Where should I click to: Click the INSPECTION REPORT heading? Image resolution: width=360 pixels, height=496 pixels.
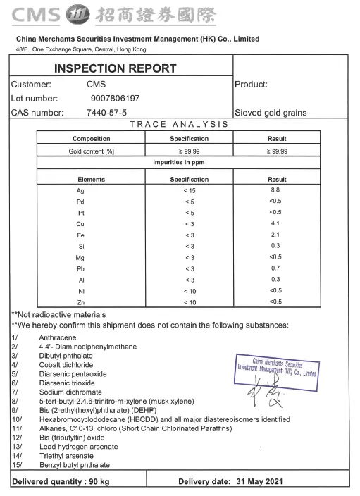click(115, 68)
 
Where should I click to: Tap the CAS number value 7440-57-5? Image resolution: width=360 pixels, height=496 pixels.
click(106, 112)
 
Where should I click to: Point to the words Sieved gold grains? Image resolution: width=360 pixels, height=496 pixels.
click(271, 113)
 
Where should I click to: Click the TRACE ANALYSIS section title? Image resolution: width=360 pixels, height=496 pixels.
click(179, 124)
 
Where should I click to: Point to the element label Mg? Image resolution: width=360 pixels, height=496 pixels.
click(80, 257)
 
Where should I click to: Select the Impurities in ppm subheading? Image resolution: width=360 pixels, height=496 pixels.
click(179, 162)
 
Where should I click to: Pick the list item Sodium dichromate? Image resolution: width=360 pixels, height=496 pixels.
click(70, 392)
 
